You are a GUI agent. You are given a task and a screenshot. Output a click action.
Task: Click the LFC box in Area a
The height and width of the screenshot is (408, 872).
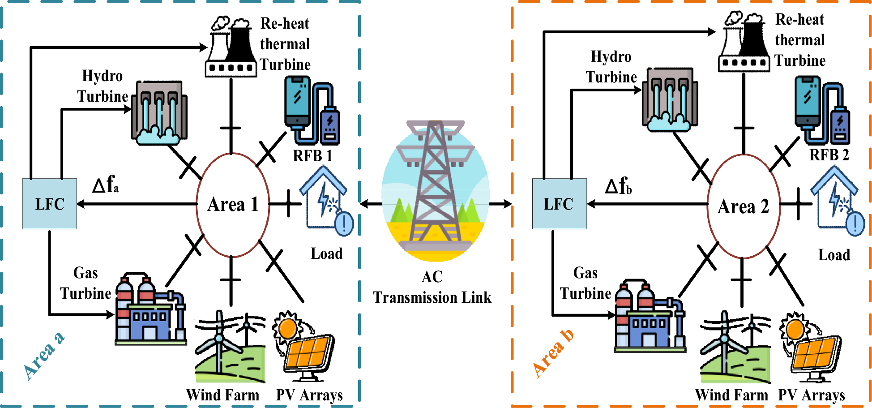[49, 204]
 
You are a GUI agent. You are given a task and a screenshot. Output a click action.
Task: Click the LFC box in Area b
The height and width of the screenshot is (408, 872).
[559, 204]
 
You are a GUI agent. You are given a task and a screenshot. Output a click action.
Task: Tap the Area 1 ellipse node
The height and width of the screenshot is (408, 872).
[233, 205]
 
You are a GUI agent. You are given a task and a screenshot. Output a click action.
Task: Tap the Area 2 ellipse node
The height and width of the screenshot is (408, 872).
[743, 206]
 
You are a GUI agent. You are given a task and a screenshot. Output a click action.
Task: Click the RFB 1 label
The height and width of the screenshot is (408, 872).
[312, 156]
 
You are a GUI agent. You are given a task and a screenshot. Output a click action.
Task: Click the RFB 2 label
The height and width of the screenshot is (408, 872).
[829, 155]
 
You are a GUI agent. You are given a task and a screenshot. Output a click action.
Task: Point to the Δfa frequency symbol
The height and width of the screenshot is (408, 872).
[106, 184]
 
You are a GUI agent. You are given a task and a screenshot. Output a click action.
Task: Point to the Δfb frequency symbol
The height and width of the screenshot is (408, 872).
[618, 185]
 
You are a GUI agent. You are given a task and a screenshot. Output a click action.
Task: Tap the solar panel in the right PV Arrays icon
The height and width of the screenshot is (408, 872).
[816, 354]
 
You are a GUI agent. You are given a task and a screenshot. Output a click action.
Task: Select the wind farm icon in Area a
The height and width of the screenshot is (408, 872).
[230, 347]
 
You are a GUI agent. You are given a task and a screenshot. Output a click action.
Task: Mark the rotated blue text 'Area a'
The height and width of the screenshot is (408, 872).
[44, 356]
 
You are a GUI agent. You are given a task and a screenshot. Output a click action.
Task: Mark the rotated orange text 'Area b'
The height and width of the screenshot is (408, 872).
[553, 354]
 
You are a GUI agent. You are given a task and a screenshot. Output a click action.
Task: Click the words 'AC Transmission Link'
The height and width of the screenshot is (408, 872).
[432, 288]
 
